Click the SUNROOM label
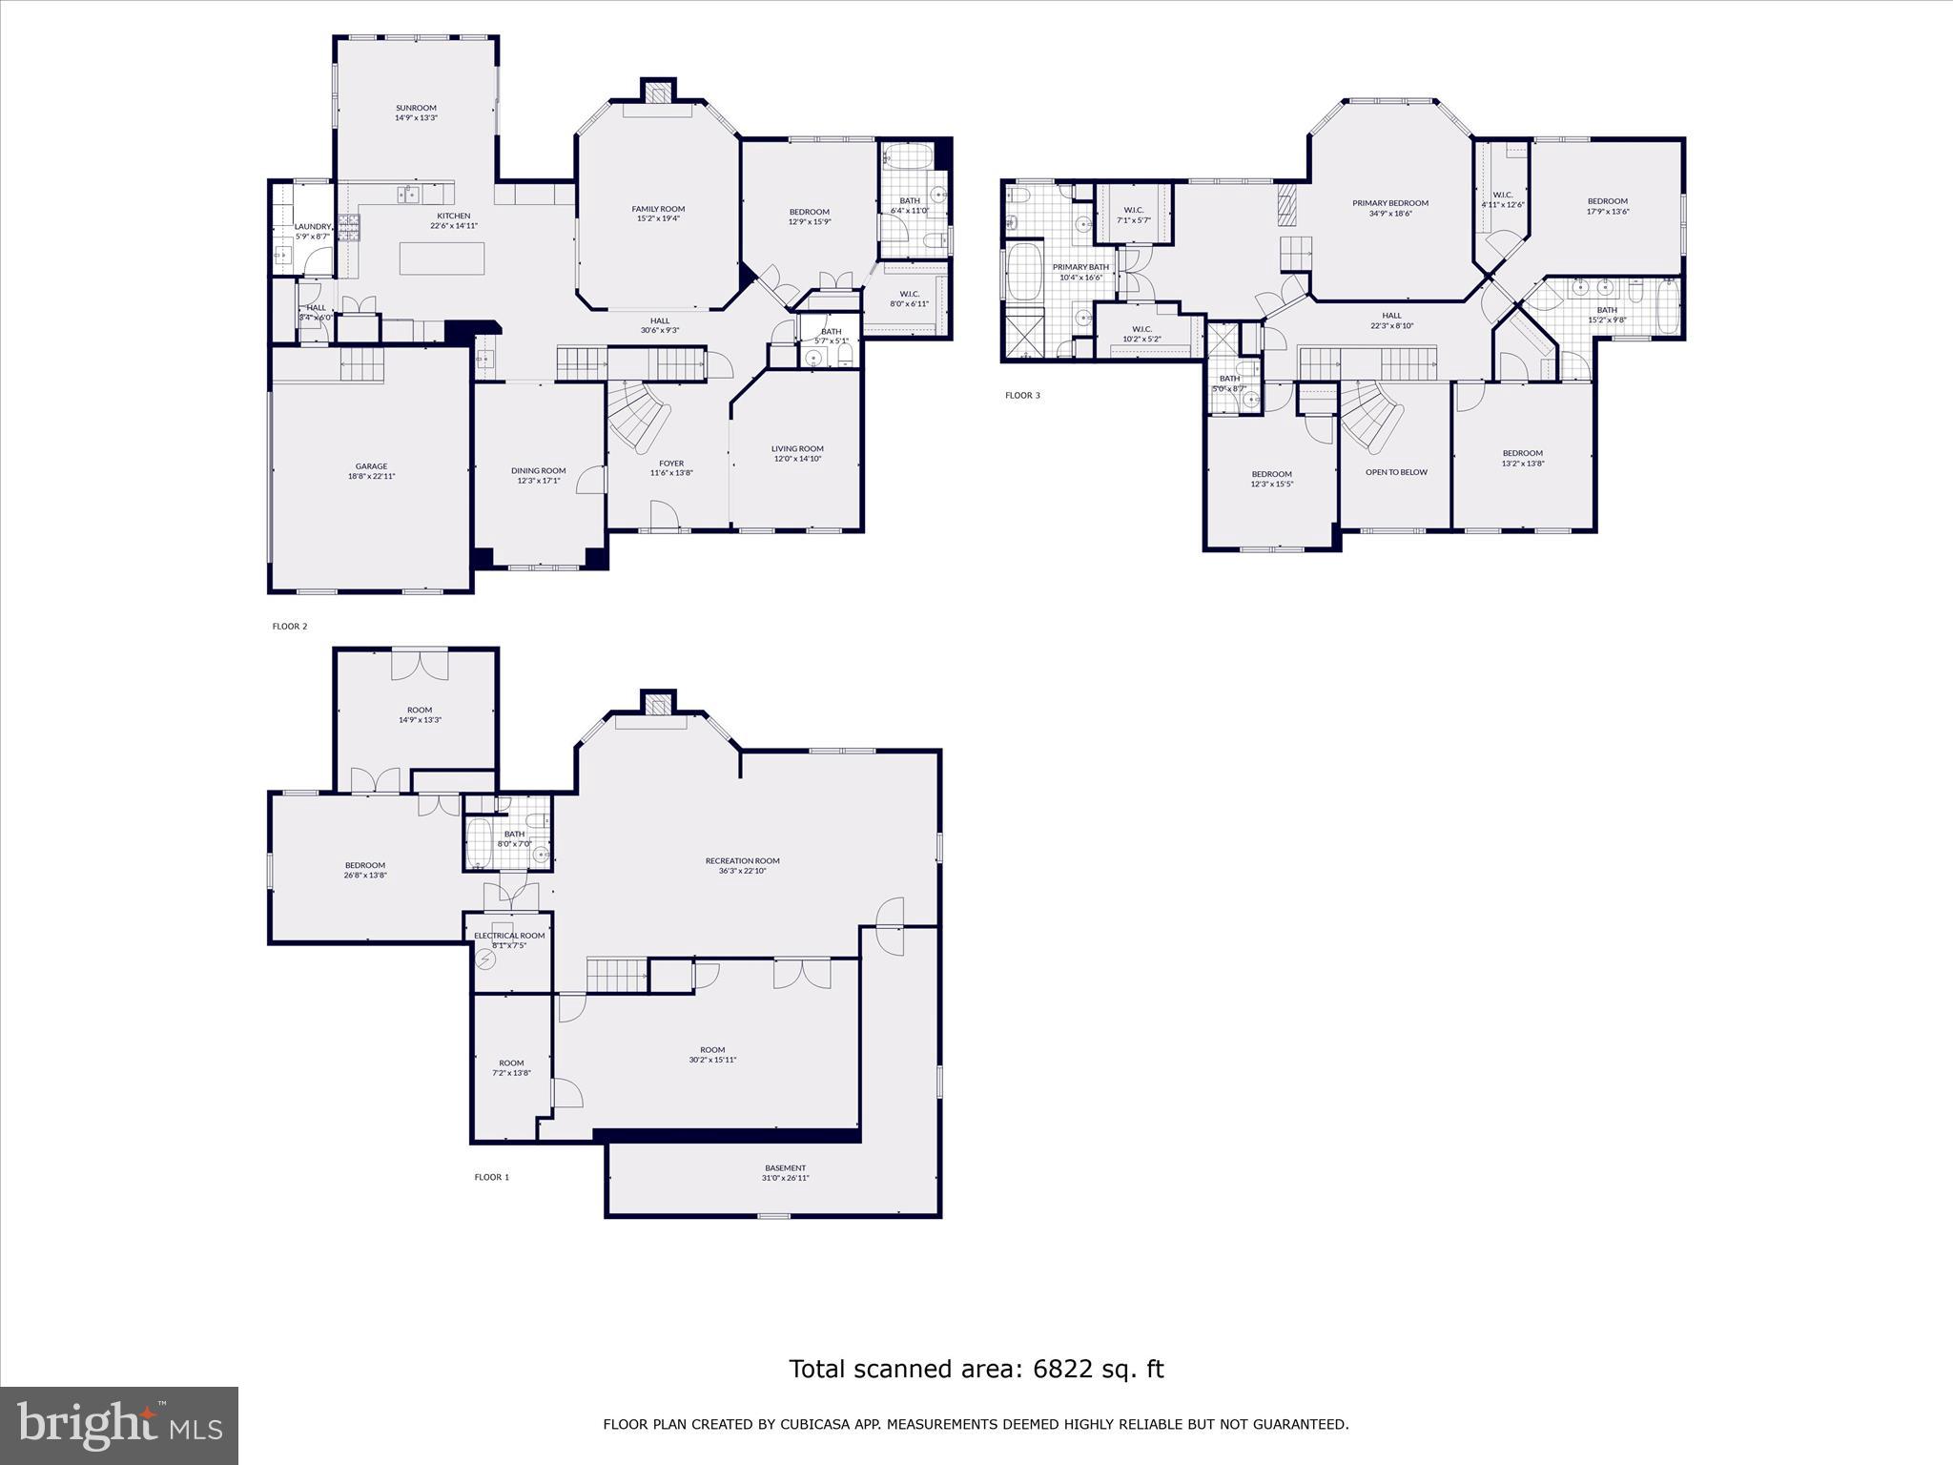[416, 108]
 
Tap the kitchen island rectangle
[442, 258]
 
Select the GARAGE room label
[372, 466]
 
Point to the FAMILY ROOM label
[658, 209]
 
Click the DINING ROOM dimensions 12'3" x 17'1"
[539, 481]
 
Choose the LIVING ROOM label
[797, 448]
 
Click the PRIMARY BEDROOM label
[1390, 203]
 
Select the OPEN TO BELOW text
[1396, 472]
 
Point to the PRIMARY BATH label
[1080, 267]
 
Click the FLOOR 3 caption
[1022, 395]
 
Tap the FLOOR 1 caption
[492, 1177]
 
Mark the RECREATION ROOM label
[742, 860]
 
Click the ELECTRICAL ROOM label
[509, 936]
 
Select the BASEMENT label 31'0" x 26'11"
[786, 1178]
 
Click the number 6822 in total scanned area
[1061, 1370]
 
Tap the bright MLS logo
[119, 1425]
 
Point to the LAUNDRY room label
[313, 226]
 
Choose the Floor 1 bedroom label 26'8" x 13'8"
[365, 876]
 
